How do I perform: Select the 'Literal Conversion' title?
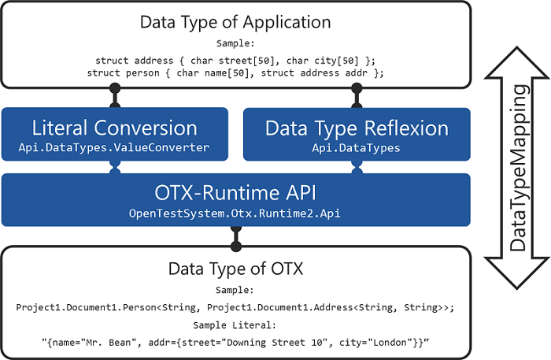(115, 128)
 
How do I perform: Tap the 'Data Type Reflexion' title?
(357, 128)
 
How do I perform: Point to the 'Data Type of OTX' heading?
(235, 269)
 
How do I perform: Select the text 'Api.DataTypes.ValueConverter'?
(115, 147)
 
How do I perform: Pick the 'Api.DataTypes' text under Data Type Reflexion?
(357, 147)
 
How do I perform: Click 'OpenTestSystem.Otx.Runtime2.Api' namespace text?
(235, 213)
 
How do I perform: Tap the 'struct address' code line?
(235, 60)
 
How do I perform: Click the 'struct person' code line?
(235, 73)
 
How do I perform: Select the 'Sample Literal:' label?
(235, 324)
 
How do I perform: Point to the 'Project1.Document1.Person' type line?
(235, 306)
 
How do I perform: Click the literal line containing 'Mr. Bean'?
(235, 340)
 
